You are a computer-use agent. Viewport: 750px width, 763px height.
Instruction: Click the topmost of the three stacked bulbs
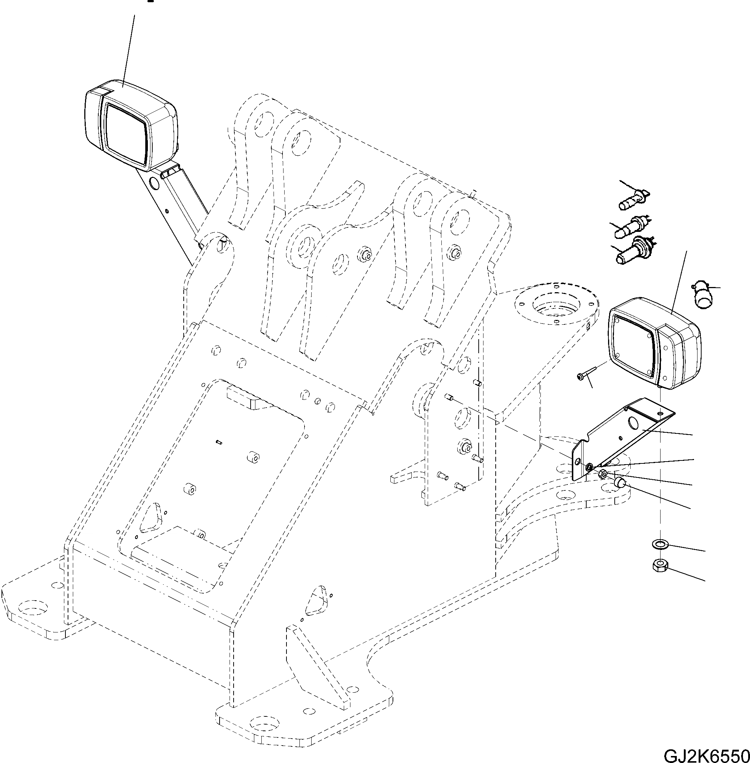click(632, 200)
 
